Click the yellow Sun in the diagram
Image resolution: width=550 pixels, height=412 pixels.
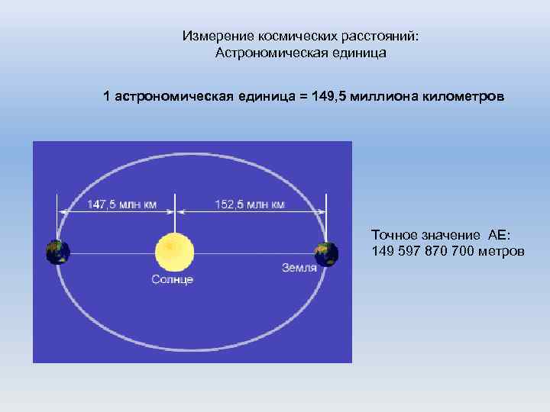pyautogui.click(x=175, y=251)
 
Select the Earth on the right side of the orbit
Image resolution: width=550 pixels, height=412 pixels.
pyautogui.click(x=326, y=253)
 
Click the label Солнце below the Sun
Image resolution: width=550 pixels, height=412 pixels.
pyautogui.click(x=172, y=279)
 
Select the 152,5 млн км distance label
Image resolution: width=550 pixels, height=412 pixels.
pyautogui.click(x=250, y=204)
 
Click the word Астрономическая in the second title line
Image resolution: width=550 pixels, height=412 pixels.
pyautogui.click(x=264, y=53)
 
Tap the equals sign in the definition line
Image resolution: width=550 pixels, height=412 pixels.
pyautogui.click(x=302, y=98)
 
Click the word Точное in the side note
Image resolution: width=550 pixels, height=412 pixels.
pyautogui.click(x=394, y=233)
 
